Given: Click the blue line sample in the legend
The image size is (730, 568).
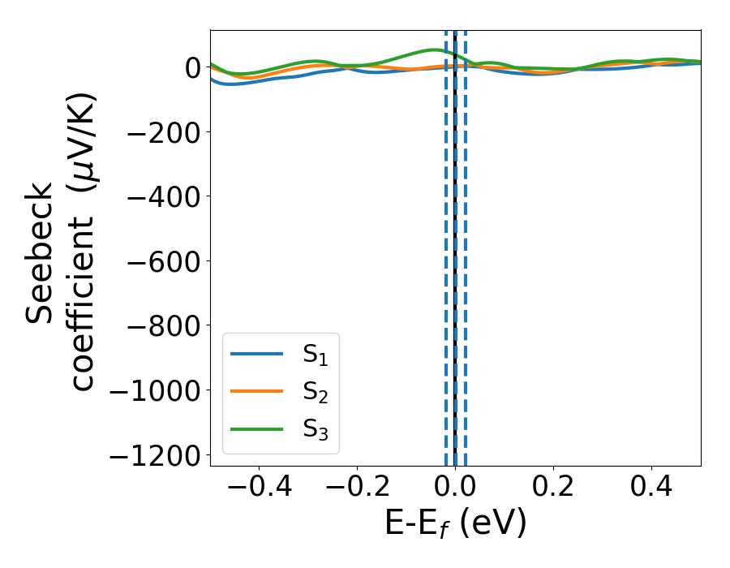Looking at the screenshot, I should click(257, 354).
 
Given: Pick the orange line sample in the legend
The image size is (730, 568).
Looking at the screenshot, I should click(257, 391).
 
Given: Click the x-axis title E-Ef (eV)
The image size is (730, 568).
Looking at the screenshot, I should click(455, 523).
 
